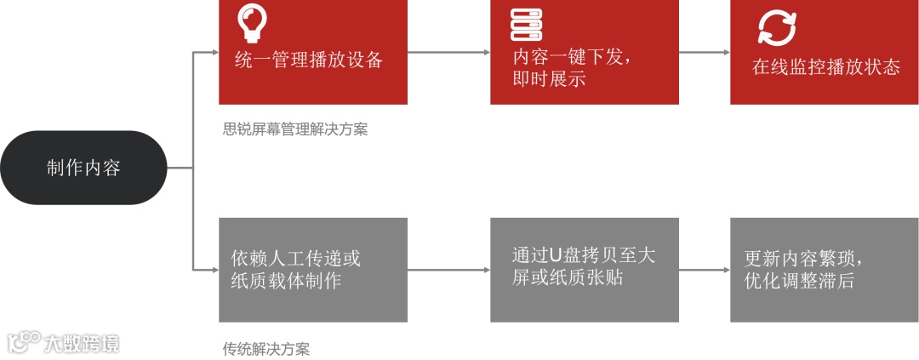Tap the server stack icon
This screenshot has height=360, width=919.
coord(527,26)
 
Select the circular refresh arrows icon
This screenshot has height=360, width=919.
coord(777,26)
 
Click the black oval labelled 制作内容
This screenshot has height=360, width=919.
coord(83,168)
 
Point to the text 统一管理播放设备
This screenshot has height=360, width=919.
coord(309,61)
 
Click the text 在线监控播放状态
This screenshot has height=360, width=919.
coord(825,67)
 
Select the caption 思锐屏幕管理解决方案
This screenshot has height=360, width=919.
coord(295,130)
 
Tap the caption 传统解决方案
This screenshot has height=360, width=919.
coord(266,349)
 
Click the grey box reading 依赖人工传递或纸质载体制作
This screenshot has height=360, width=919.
coord(313,269)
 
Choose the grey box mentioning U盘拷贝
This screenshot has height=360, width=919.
coord(585,269)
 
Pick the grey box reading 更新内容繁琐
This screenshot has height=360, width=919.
coord(824,269)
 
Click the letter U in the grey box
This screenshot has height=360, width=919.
coord(557,255)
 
